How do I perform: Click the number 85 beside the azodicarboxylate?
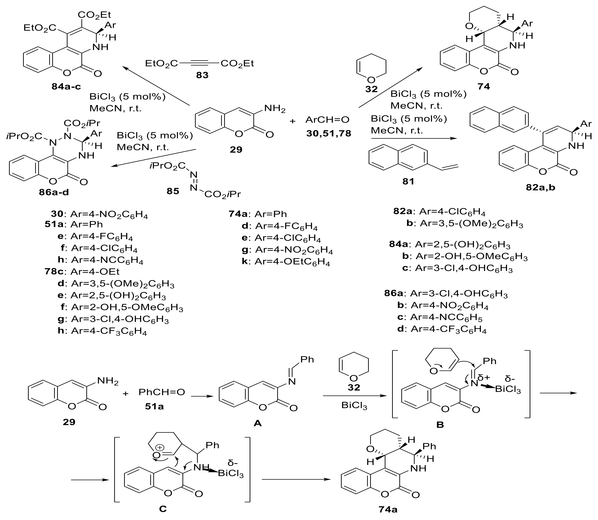[173, 191]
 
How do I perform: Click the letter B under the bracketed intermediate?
[440, 425]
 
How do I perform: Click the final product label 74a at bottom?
[388, 509]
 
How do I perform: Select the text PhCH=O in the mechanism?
[162, 392]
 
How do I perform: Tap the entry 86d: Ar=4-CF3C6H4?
[442, 330]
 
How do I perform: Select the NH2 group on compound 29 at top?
[275, 109]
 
